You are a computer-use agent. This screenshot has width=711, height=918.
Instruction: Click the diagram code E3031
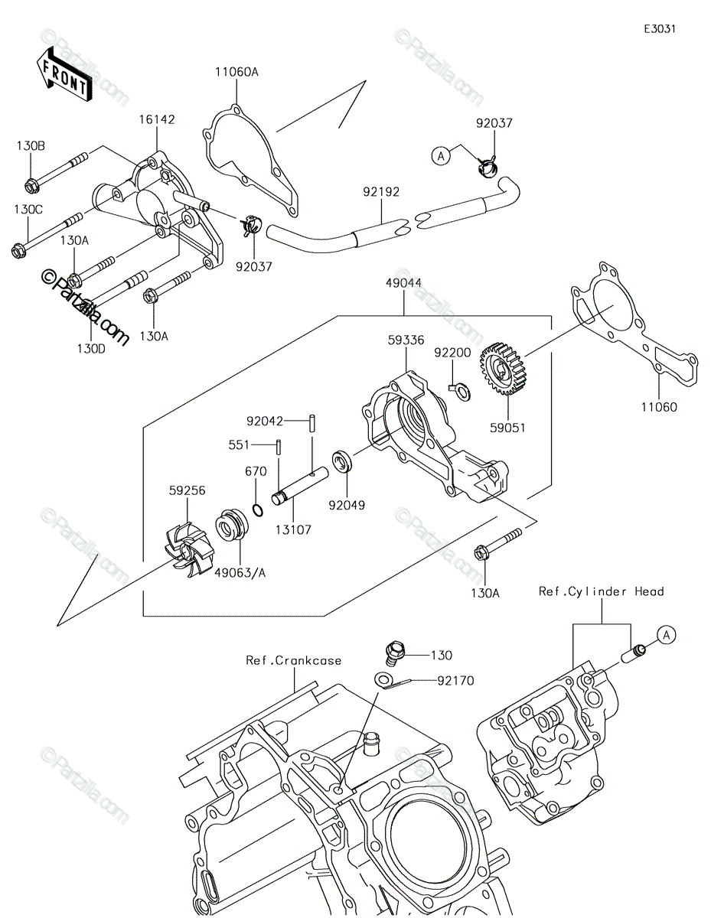click(660, 29)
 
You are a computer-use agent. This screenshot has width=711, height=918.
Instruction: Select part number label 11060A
click(236, 72)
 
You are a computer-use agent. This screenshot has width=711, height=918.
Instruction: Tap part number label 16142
click(157, 119)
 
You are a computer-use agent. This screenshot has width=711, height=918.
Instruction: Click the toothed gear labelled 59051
click(501, 369)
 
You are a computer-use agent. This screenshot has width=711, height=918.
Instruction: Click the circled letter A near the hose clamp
click(441, 156)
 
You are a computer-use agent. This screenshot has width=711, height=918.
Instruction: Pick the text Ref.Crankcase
click(294, 660)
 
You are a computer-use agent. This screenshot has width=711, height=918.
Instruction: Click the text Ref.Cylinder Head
click(601, 591)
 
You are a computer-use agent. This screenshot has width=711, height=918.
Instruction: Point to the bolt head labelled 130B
click(32, 186)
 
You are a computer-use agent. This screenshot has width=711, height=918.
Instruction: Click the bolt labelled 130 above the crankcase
click(396, 654)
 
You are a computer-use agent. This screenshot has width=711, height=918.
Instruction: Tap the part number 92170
click(455, 681)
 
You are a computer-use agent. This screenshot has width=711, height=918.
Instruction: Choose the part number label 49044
click(403, 283)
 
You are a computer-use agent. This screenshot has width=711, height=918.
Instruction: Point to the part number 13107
click(293, 529)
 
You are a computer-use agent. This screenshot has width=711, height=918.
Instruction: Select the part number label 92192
click(381, 192)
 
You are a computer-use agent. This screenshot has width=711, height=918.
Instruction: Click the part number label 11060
click(659, 407)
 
